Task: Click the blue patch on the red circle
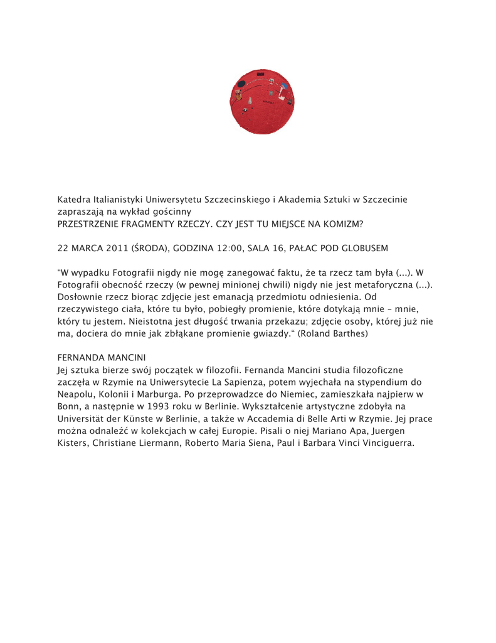pyautogui.click(x=284, y=86)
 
